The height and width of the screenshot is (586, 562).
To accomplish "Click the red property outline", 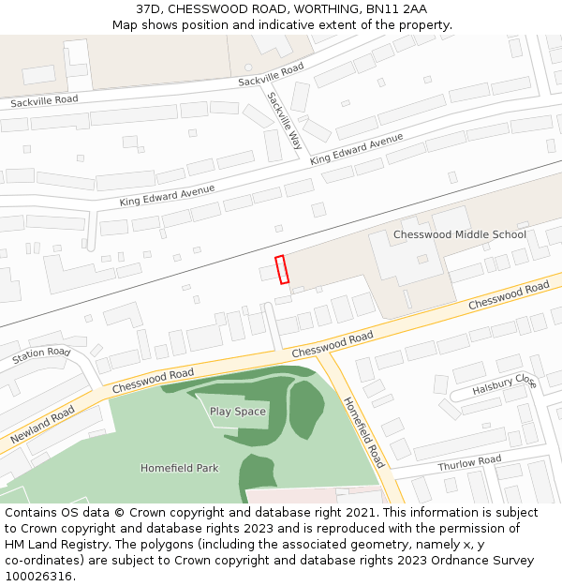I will pyautogui.click(x=281, y=269).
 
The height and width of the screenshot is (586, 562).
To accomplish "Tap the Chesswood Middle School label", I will pyautogui.click(x=459, y=234).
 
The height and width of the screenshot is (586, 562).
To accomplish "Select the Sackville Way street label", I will pyautogui.click(x=284, y=121).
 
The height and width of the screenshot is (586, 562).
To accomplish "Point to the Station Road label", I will pyautogui.click(x=41, y=356).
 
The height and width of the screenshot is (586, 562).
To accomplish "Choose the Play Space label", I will pyautogui.click(x=238, y=412).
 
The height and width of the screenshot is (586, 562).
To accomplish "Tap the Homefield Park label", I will pyautogui.click(x=178, y=468).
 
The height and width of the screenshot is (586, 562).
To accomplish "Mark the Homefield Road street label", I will pyautogui.click(x=363, y=433).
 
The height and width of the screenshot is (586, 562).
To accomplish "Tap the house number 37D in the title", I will pyautogui.click(x=150, y=9).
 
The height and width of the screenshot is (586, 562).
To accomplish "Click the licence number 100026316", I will pyautogui.click(x=37, y=577).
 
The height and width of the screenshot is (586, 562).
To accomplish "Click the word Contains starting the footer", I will pyautogui.click(x=31, y=513).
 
